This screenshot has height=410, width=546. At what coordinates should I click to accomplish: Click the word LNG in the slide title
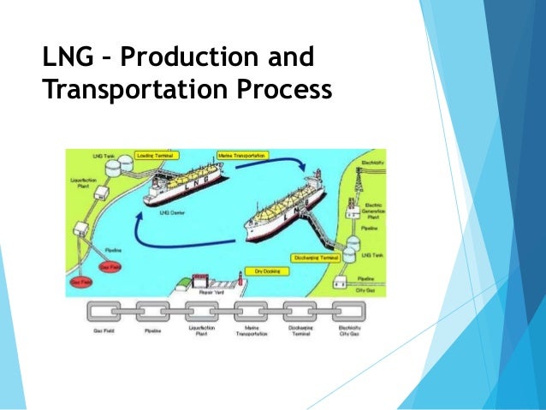[66, 61]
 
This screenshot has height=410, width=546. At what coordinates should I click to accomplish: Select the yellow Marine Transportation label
[242, 157]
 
